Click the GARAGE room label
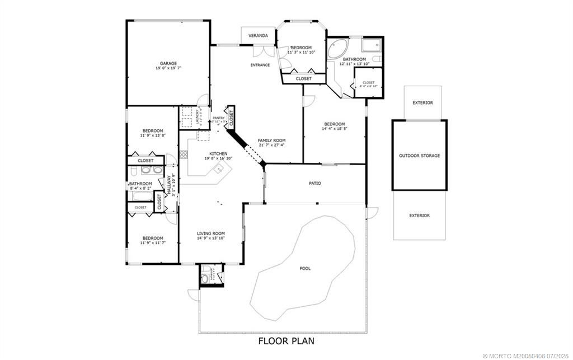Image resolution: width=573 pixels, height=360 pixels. tap(168, 64)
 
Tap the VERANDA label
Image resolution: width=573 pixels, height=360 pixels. tap(258, 36)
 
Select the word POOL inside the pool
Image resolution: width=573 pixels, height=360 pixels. tap(305, 269)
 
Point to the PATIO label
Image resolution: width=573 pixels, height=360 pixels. tap(315, 183)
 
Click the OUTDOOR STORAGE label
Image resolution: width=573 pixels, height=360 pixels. tap(419, 156)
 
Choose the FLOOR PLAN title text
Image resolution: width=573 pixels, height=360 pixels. tap(286, 340)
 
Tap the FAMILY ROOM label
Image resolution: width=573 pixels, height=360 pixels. tap(271, 141)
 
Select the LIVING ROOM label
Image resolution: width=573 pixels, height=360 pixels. tap(210, 233)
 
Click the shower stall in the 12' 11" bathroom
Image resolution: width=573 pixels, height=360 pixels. tap(370, 45)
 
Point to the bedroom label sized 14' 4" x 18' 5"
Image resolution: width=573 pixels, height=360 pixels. tap(334, 124)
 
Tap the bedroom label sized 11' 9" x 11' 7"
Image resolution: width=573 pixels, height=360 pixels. tap(152, 238)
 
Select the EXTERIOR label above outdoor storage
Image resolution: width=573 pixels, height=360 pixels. tap(422, 103)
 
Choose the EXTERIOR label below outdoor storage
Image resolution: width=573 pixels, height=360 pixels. tap(419, 216)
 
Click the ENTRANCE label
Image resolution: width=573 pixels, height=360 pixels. tap(260, 65)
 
